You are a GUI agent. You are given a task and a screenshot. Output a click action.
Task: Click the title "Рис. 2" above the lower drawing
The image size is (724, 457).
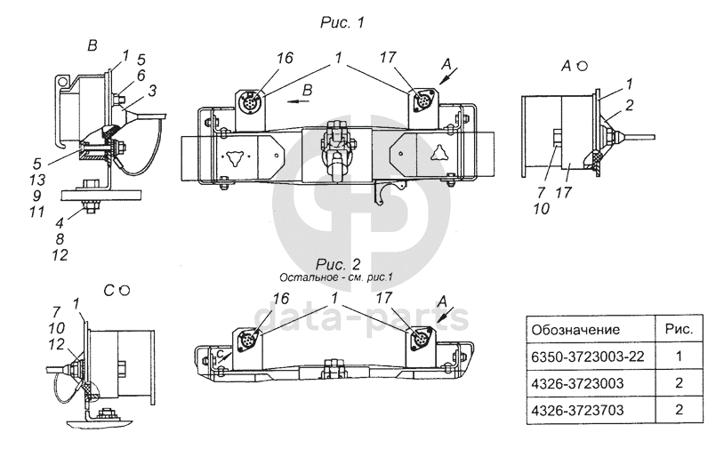tap(335, 264)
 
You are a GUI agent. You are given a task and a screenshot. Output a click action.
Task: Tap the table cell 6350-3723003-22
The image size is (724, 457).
tap(587, 356)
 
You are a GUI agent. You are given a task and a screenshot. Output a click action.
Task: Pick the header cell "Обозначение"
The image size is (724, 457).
tap(575, 329)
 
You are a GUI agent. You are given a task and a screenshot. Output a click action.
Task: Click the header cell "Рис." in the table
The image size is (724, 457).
tap(679, 329)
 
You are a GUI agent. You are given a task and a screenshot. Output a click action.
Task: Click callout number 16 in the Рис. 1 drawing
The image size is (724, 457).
tap(284, 58)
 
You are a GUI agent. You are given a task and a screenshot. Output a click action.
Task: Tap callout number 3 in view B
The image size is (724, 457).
tap(152, 90)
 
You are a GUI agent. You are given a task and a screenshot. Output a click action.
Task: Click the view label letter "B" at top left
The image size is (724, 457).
tap(92, 44)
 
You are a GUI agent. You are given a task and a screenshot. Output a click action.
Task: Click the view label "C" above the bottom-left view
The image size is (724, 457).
tap(107, 291)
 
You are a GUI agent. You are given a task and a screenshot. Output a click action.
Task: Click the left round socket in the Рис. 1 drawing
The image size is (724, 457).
tap(250, 101)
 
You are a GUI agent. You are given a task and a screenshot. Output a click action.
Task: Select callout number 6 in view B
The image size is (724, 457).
tap(142, 76)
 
